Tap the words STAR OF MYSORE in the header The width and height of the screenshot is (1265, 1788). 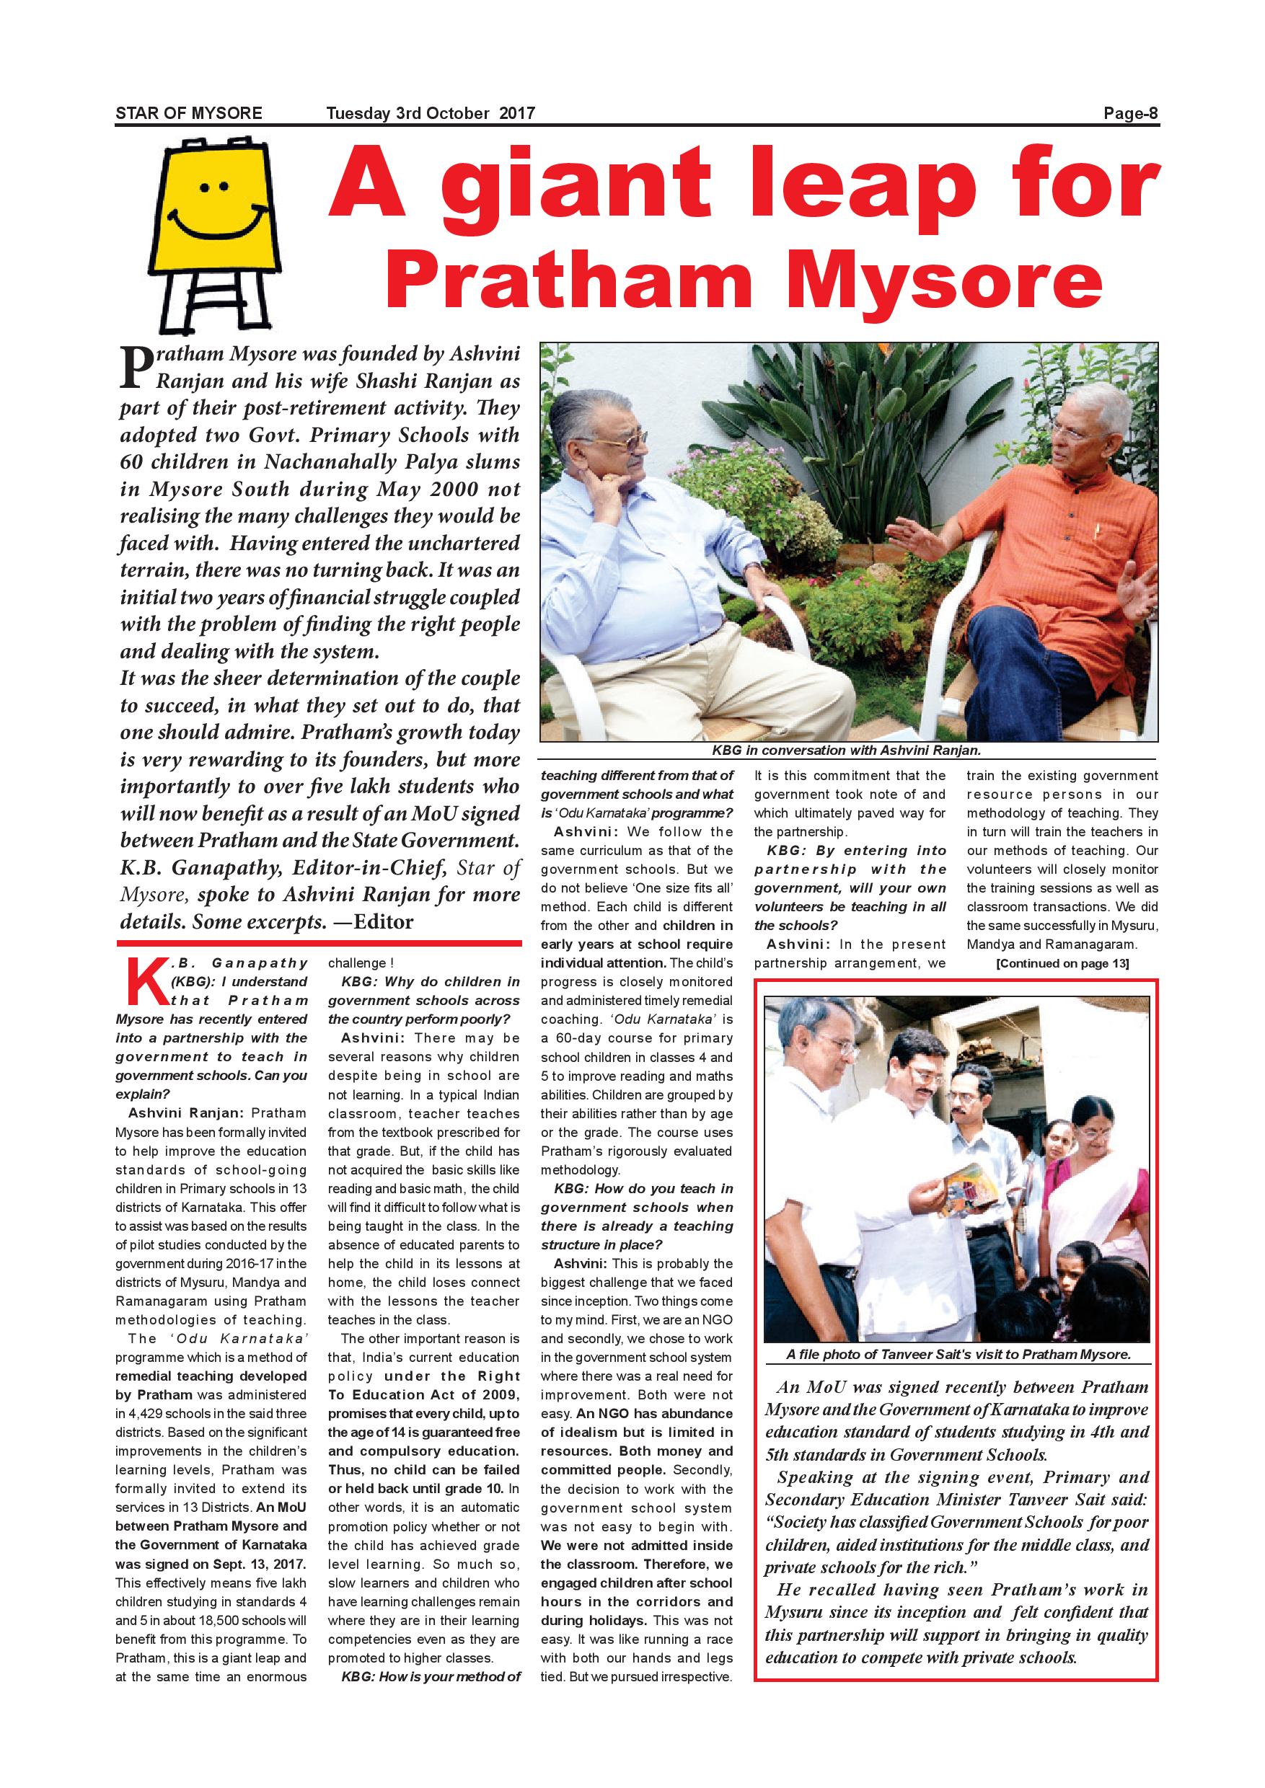tap(188, 114)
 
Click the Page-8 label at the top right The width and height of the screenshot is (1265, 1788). tap(1131, 114)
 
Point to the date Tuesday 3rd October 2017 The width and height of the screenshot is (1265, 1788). tap(431, 114)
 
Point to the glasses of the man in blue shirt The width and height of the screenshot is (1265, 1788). tap(625, 441)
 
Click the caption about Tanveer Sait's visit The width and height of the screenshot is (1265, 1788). tap(957, 1354)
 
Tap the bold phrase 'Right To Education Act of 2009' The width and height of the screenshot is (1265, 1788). tap(425, 1395)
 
